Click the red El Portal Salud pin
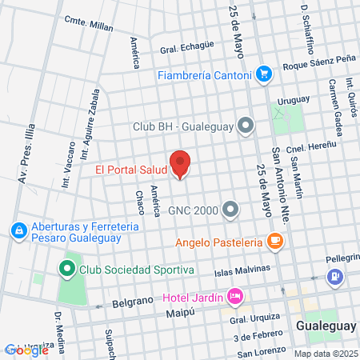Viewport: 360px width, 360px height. point(180,164)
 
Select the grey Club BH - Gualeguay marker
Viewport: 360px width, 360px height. point(246,126)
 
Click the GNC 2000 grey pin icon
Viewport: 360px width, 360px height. point(231,210)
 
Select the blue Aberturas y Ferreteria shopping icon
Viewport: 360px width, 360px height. point(18,231)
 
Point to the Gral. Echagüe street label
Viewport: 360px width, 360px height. point(187,48)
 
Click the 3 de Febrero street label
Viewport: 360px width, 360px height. point(257,334)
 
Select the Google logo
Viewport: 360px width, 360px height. point(16,350)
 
